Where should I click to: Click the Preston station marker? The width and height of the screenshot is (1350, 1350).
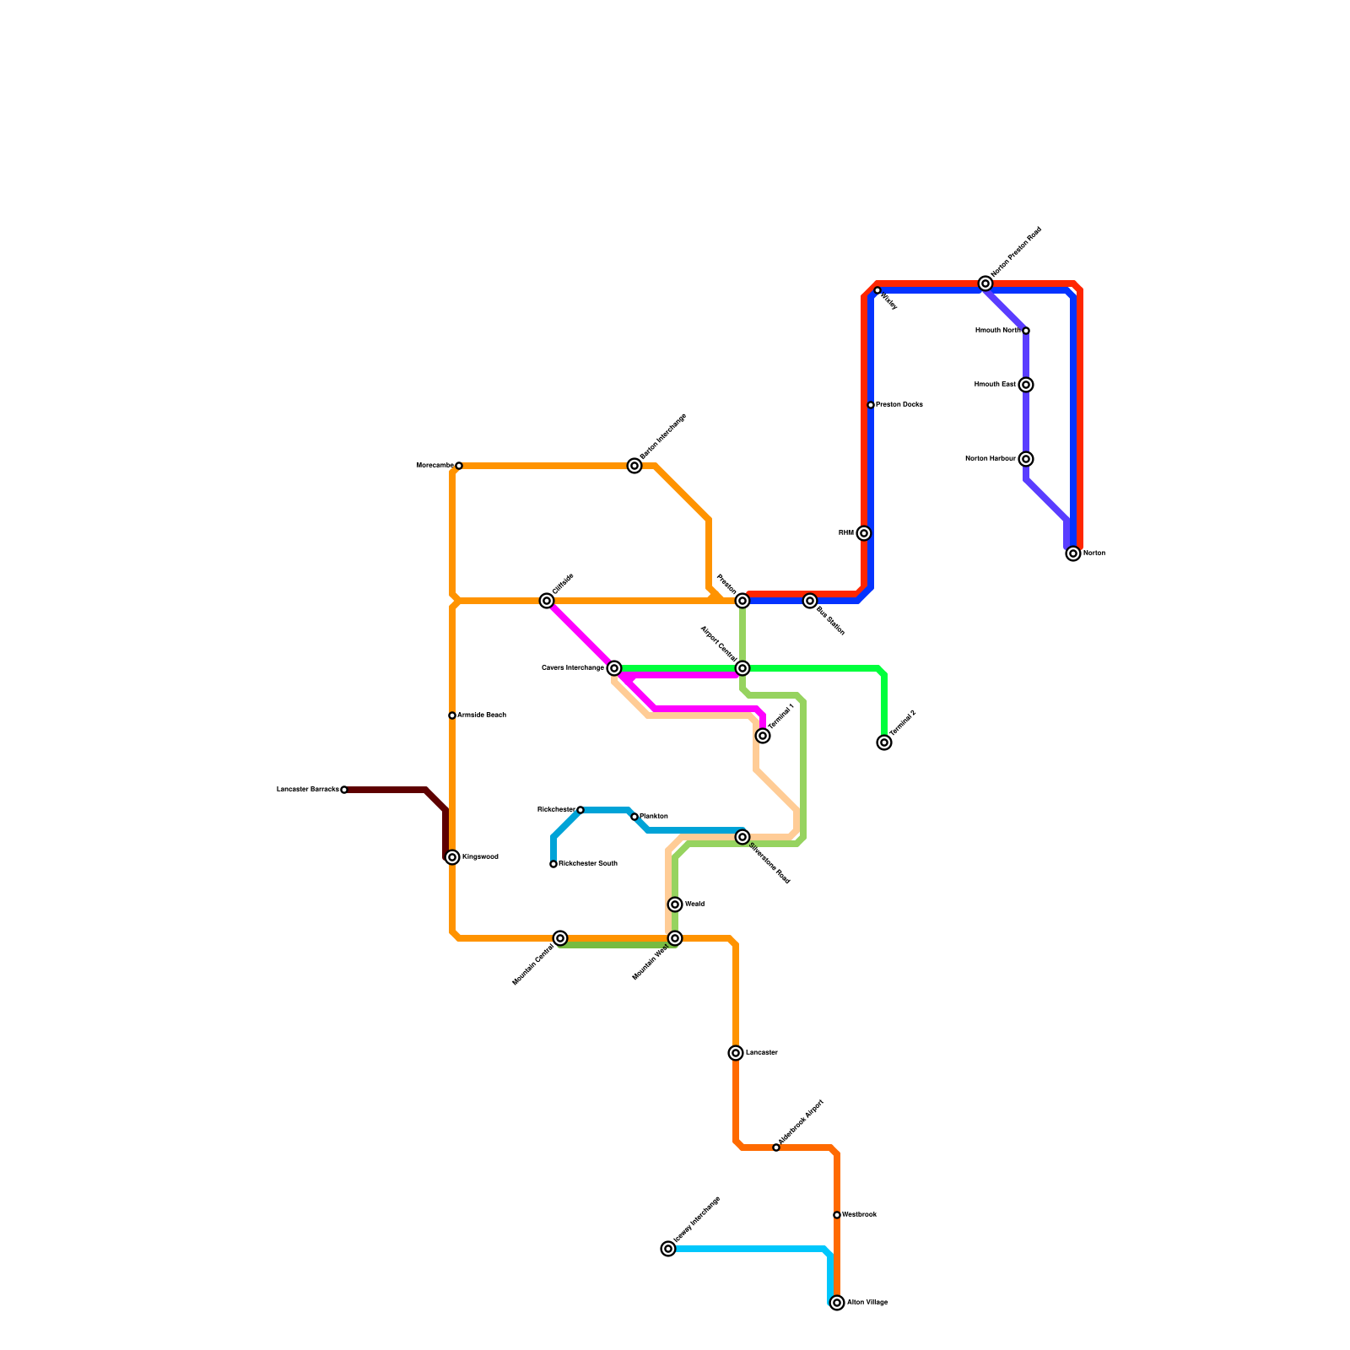click(x=742, y=601)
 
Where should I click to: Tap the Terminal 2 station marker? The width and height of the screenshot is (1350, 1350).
click(x=884, y=742)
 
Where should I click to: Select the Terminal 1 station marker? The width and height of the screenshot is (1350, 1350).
click(x=763, y=736)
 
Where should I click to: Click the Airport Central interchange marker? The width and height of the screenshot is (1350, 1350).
click(x=742, y=668)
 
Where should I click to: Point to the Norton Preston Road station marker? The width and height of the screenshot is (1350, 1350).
click(x=985, y=283)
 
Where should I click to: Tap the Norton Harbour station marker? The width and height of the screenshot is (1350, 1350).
click(x=1026, y=459)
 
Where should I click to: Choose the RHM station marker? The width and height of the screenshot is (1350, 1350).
click(x=864, y=533)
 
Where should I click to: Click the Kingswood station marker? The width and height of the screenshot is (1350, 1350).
click(x=453, y=857)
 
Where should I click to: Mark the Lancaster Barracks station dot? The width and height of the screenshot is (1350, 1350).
click(x=344, y=790)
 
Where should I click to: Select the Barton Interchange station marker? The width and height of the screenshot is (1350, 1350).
click(x=634, y=466)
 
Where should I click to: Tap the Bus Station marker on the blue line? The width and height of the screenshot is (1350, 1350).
click(x=810, y=601)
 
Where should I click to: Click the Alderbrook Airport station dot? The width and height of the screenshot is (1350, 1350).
click(x=776, y=1147)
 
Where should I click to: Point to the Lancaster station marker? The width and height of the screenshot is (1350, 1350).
click(x=736, y=1053)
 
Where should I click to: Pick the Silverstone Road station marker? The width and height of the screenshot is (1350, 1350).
click(x=742, y=837)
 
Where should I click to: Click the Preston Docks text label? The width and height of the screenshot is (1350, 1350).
click(x=899, y=405)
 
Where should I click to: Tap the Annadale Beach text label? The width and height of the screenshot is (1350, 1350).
click(x=482, y=715)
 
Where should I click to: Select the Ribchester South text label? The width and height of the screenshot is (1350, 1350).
click(x=588, y=864)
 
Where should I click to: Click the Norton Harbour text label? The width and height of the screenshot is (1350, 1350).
click(x=991, y=459)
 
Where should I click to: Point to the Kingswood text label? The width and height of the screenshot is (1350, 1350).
click(x=480, y=857)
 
